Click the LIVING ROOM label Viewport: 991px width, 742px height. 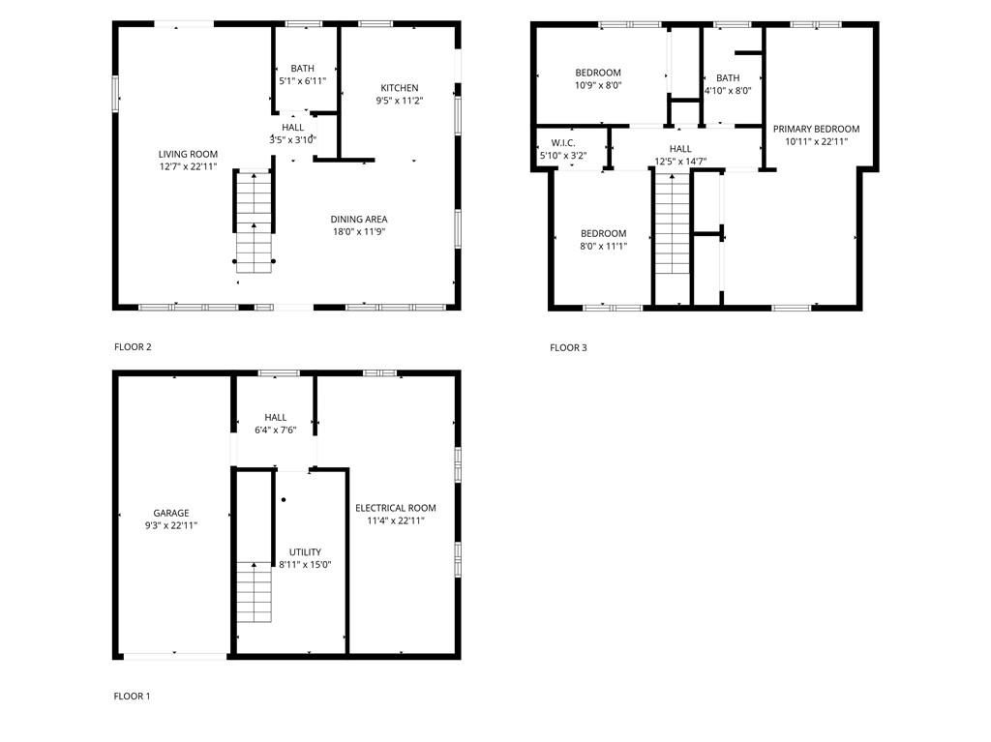(188, 154)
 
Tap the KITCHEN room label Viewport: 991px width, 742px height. (400, 87)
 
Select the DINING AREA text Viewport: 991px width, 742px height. (359, 219)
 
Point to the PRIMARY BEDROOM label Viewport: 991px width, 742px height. (816, 129)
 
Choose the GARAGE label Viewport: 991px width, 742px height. (171, 513)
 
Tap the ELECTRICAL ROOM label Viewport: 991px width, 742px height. (395, 508)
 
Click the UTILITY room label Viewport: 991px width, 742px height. (305, 552)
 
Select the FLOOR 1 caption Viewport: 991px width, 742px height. (132, 696)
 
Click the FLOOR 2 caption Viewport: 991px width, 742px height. (133, 346)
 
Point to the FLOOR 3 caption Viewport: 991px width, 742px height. (568, 347)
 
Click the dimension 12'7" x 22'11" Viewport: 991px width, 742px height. (188, 166)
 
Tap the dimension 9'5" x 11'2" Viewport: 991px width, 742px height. (400, 100)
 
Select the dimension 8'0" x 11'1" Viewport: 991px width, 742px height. (603, 246)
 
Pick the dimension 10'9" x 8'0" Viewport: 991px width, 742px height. (598, 85)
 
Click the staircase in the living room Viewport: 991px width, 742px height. (255, 222)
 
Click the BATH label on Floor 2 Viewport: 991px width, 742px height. (303, 68)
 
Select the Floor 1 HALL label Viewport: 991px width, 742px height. (275, 417)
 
